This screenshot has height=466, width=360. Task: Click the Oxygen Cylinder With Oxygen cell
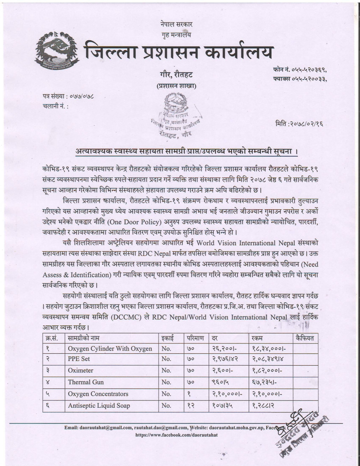[110, 348]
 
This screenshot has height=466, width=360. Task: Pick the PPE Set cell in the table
[79, 359]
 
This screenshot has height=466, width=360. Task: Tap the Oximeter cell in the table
[80, 371]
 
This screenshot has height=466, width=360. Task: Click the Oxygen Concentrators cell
[98, 394]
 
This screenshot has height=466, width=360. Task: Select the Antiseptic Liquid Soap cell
[99, 405]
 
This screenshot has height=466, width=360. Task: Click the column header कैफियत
[305, 338]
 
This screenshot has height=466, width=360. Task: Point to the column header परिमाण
[196, 338]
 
